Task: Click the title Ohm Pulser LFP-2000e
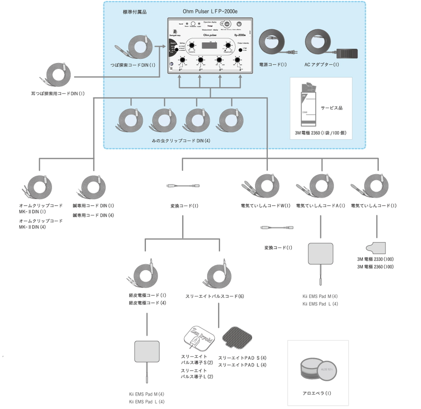213,10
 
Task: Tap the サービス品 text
332,108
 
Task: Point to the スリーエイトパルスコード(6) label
214,297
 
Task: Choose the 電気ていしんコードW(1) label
266,206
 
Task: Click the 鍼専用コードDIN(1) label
93,206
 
